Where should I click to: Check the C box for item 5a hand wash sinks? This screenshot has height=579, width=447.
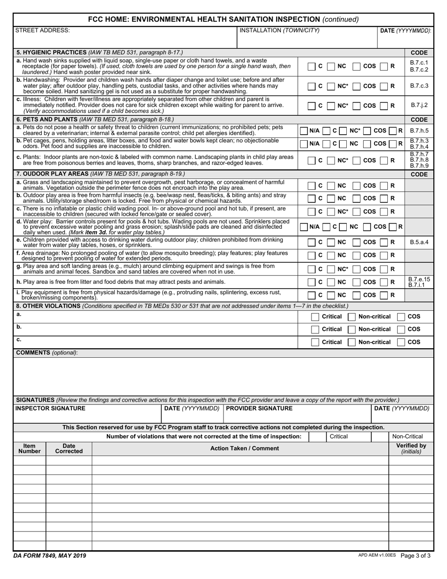click(x=312, y=66)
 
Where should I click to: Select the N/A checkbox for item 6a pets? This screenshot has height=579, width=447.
click(x=304, y=130)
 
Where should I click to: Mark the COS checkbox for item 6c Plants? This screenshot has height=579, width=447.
click(x=357, y=160)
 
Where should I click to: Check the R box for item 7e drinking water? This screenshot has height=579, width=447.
click(x=384, y=242)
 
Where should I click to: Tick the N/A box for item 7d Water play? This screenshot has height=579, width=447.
click(x=304, y=227)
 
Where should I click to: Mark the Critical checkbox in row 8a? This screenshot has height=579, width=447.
click(x=315, y=317)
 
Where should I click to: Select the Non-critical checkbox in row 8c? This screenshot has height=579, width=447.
click(x=351, y=342)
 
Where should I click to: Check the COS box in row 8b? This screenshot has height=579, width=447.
click(x=401, y=330)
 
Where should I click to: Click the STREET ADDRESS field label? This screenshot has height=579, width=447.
click(x=43, y=31)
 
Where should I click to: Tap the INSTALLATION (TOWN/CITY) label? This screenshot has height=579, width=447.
click(x=279, y=31)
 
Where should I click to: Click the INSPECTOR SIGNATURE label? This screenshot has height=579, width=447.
click(x=51, y=409)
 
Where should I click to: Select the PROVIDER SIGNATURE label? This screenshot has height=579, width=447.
click(x=259, y=409)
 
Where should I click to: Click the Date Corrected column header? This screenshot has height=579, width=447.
click(x=69, y=448)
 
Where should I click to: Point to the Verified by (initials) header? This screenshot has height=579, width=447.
click(x=411, y=448)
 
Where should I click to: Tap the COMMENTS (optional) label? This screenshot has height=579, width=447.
click(x=47, y=353)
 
